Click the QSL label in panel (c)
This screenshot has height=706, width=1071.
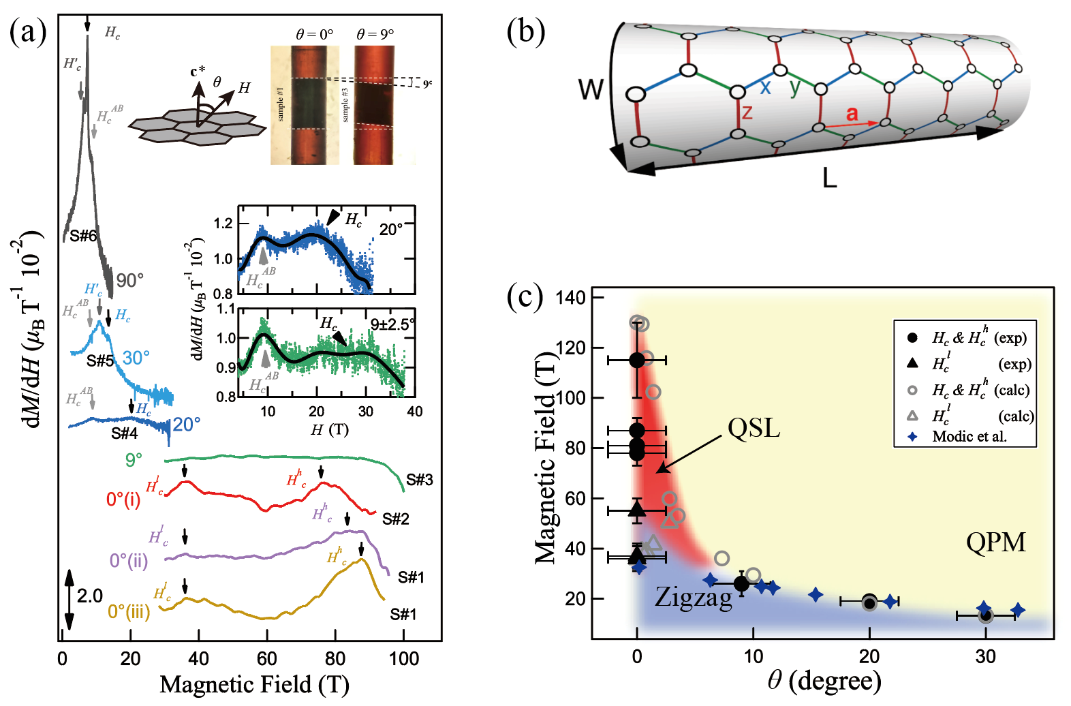click(x=754, y=429)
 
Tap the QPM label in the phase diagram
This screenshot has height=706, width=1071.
click(x=995, y=542)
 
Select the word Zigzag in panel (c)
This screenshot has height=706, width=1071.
click(x=693, y=597)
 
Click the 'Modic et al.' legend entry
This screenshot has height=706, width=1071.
click(x=969, y=437)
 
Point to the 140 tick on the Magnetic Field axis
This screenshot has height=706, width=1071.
click(x=570, y=298)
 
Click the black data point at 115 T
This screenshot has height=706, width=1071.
click(x=637, y=360)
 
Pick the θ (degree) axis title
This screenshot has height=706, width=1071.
click(x=824, y=679)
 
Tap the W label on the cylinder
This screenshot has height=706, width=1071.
click(x=591, y=89)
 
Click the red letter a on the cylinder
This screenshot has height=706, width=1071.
click(x=852, y=113)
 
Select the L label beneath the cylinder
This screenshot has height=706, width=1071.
click(x=829, y=179)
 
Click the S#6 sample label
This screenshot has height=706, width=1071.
click(x=83, y=236)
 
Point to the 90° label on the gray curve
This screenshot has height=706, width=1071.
click(x=129, y=281)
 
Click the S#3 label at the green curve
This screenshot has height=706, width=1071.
click(x=419, y=480)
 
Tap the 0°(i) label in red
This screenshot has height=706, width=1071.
click(x=123, y=500)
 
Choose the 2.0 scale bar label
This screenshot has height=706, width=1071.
click(x=90, y=596)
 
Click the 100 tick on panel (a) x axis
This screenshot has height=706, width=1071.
click(x=403, y=659)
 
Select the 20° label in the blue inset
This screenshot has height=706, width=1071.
click(x=391, y=230)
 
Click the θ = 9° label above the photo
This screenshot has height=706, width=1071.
click(x=375, y=34)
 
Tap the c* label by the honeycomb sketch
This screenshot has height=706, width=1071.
click(x=198, y=72)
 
